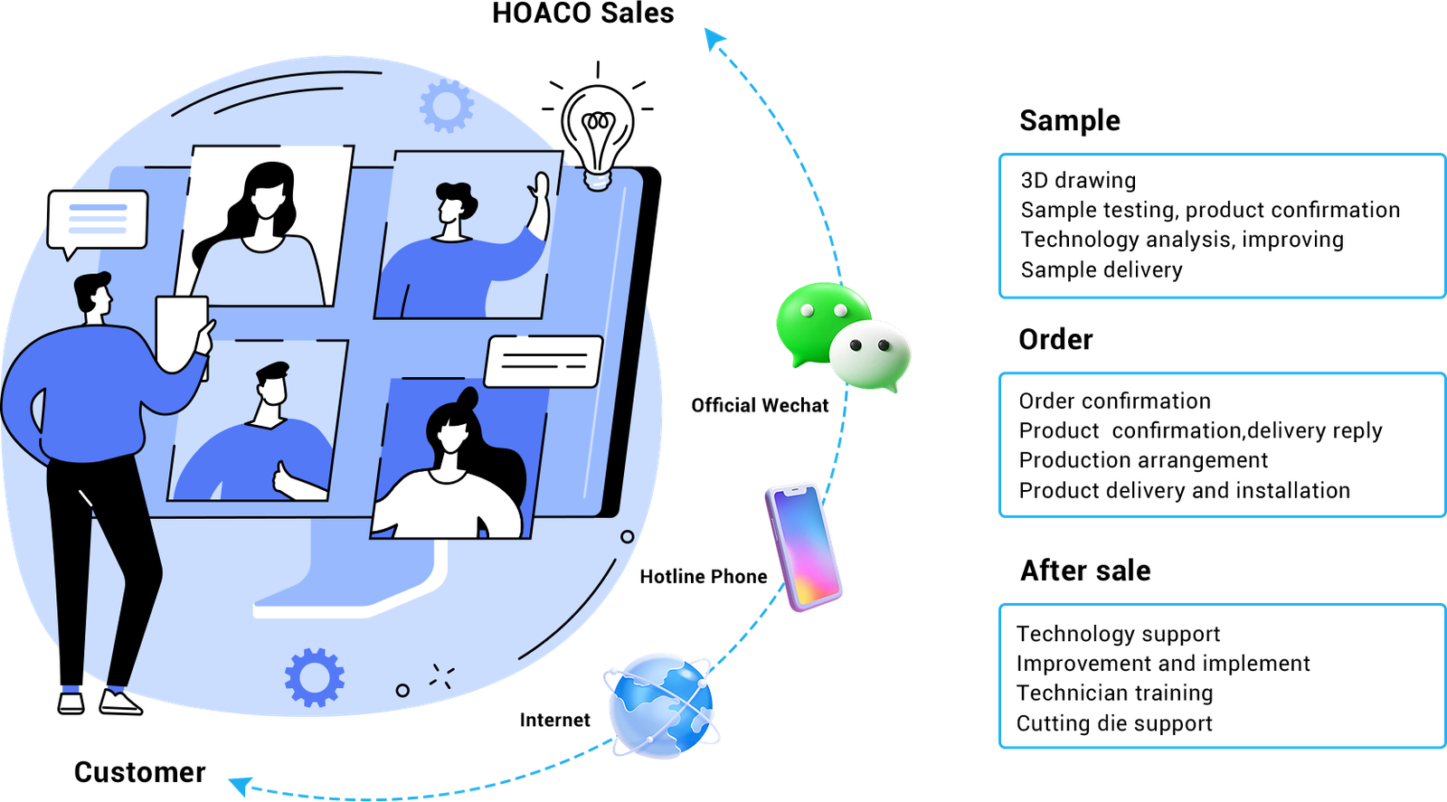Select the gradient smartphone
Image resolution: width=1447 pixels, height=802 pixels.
(x=803, y=547)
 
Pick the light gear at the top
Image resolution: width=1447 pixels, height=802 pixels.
(x=447, y=105)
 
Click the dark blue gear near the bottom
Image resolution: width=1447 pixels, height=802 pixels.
(x=314, y=676)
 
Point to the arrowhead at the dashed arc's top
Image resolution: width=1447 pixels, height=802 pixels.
(x=714, y=39)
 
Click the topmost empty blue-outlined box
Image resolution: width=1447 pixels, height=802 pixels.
(x=1221, y=226)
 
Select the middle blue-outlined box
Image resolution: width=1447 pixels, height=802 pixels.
(x=1221, y=445)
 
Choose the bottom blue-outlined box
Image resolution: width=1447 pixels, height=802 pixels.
(x=1221, y=676)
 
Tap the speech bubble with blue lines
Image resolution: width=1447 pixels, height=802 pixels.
(x=98, y=220)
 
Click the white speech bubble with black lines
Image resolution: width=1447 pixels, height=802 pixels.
(x=544, y=361)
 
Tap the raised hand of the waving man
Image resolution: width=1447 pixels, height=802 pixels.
(x=540, y=191)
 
